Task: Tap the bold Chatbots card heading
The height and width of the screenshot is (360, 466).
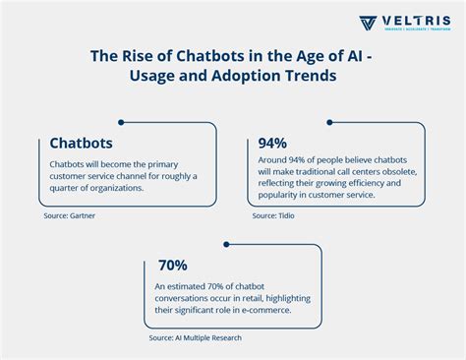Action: [81, 143]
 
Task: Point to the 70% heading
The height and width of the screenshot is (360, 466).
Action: [172, 266]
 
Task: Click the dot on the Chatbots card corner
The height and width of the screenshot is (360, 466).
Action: [121, 123]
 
